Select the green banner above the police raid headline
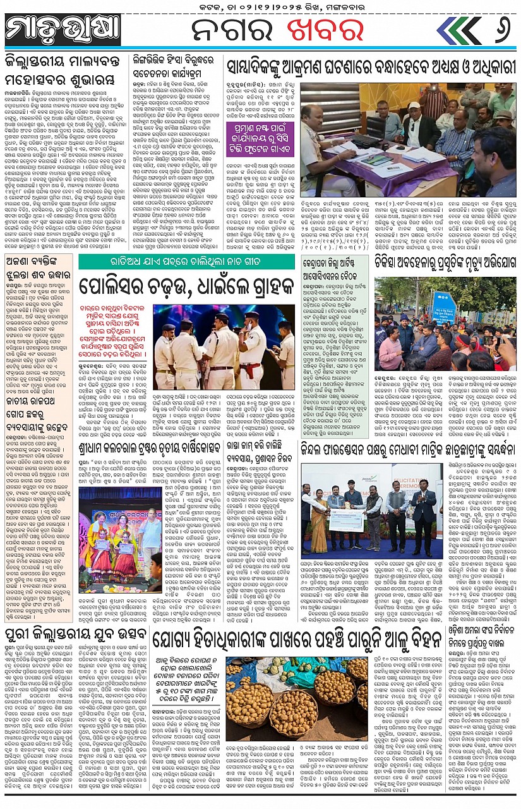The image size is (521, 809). [187, 261]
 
